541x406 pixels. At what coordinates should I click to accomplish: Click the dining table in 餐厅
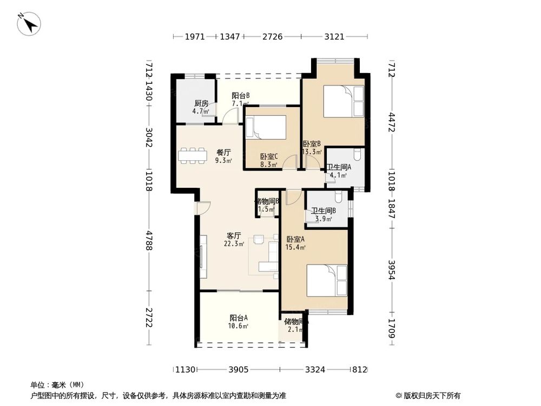click(x=192, y=155)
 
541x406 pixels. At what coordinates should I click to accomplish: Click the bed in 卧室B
click(x=344, y=101)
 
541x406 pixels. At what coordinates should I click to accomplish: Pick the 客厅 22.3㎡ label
click(x=233, y=240)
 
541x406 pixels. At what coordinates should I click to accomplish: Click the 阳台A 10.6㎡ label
click(x=239, y=322)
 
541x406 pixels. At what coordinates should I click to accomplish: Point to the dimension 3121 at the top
click(x=334, y=37)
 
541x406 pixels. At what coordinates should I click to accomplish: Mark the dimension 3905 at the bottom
click(x=238, y=370)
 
